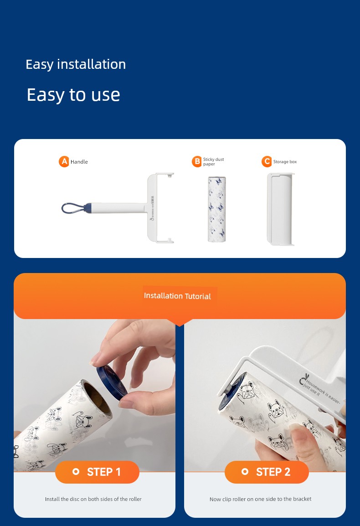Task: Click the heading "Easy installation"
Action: pyautogui.click(x=76, y=64)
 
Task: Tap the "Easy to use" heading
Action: pyautogui.click(x=73, y=95)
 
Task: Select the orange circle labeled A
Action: pyautogui.click(x=64, y=161)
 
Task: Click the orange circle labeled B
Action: pyautogui.click(x=197, y=161)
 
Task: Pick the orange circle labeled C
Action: pyautogui.click(x=267, y=161)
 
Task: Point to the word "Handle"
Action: pyautogui.click(x=79, y=162)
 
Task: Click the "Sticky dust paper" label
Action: pyautogui.click(x=213, y=161)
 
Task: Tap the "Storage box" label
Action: pyautogui.click(x=285, y=162)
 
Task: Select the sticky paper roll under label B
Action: pyautogui.click(x=217, y=209)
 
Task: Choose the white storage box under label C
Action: pyautogui.click(x=281, y=209)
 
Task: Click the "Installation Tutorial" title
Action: pyautogui.click(x=177, y=296)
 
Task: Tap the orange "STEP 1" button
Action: pyautogui.click(x=98, y=472)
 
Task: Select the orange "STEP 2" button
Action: pyautogui.click(x=267, y=472)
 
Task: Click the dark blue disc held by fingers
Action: pyautogui.click(x=112, y=382)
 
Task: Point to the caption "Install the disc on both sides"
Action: pyautogui.click(x=93, y=499)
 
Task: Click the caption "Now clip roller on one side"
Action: pyautogui.click(x=260, y=499)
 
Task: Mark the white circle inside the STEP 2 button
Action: pyautogui.click(x=245, y=472)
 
